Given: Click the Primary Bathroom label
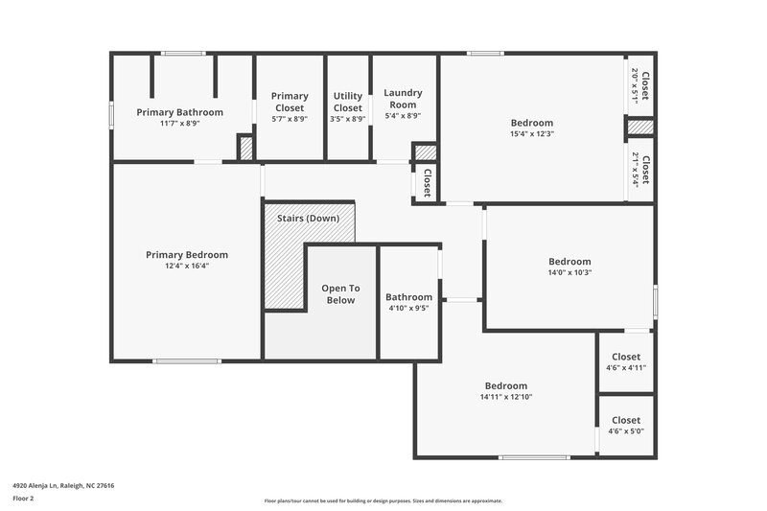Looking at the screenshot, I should coord(179,112).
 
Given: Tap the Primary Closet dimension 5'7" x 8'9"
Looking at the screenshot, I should coord(290,118).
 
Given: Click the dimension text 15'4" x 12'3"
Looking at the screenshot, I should coord(531,134).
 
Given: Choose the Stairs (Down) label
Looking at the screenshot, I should coord(308,219).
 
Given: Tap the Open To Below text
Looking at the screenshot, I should coord(340,293).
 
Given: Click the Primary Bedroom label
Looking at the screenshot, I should coord(187,254).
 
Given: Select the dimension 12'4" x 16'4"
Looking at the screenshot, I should coord(187,266).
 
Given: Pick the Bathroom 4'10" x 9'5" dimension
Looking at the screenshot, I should coord(408,309).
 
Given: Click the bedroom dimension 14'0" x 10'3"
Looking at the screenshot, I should coord(569,273).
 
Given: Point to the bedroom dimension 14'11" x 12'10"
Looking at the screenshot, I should coord(505,397).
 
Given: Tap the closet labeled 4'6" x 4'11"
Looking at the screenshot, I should coord(626,367).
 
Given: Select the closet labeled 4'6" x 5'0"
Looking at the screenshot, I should coord(626,430).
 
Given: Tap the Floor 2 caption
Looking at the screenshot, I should coord(23,499).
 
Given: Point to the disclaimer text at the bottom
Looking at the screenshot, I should coord(383,500).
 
